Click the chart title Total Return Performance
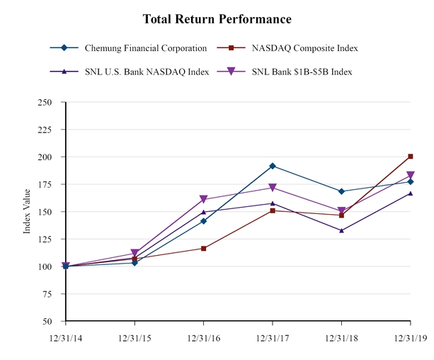pos(217,18)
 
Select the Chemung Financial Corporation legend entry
pos(144,48)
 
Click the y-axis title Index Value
pos(27,211)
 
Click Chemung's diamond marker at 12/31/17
pos(273,166)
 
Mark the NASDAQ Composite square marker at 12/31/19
pos(411,157)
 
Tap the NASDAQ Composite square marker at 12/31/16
pos(204,248)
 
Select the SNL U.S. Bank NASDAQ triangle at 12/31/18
pos(341,230)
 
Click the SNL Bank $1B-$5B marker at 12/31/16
pos(204,200)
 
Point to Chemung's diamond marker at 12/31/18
pos(341,191)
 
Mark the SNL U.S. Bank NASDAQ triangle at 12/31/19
pos(411,193)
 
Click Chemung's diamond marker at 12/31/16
pos(204,221)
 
